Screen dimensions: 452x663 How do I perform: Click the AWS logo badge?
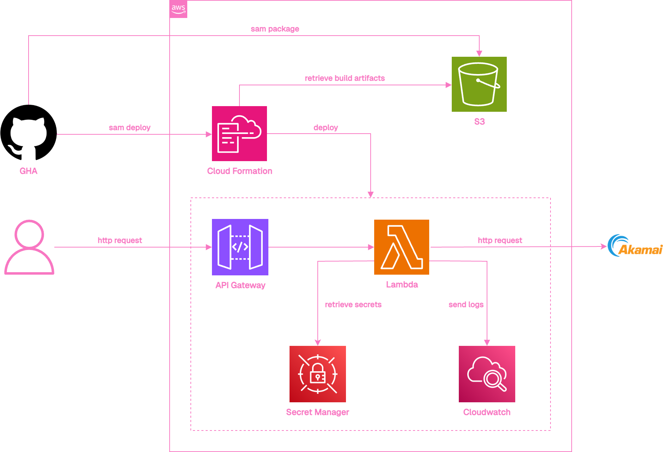[x=178, y=9]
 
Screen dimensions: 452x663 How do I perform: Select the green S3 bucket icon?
[x=479, y=84]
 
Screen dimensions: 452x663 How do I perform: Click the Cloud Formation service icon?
[x=239, y=134]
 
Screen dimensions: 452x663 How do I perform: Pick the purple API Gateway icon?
[x=240, y=247]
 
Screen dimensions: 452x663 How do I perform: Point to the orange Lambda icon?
[x=401, y=247]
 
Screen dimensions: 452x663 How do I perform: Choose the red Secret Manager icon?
[x=317, y=374]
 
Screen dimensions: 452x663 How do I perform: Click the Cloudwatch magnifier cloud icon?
[x=487, y=374]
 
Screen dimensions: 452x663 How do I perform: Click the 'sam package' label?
[x=275, y=29]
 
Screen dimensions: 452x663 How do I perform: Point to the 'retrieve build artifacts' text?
[x=345, y=78]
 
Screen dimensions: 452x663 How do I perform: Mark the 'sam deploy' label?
[x=129, y=128]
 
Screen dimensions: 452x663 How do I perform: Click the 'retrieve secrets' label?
[x=353, y=305]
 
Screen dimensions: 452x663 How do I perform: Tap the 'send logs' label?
[x=466, y=305]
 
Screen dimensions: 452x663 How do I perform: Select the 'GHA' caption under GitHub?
[x=28, y=171]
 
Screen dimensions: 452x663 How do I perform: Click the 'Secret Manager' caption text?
[x=317, y=412]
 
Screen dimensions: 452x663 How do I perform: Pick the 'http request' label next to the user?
[x=120, y=240]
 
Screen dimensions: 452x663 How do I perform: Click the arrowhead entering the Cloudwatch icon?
[x=487, y=342]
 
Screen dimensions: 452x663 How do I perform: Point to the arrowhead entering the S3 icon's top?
[x=479, y=54]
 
